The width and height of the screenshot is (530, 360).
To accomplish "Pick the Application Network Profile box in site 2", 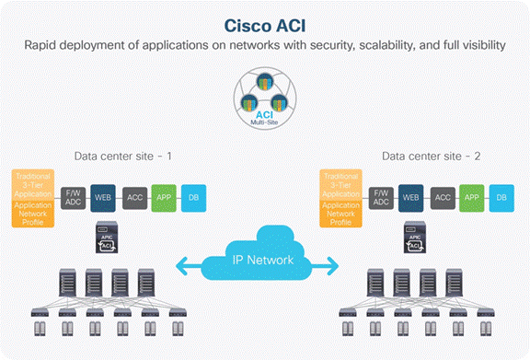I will [340, 213].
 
